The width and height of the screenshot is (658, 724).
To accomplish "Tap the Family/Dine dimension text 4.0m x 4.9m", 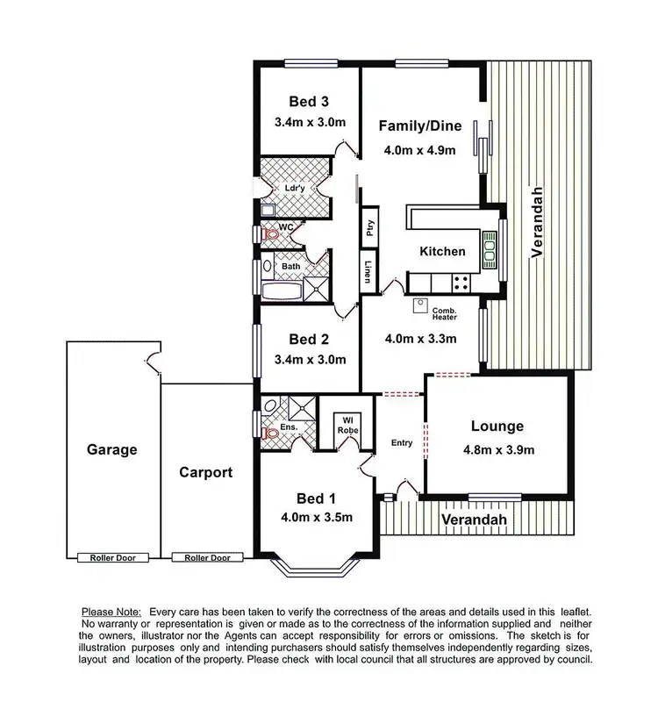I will pyautogui.click(x=419, y=149).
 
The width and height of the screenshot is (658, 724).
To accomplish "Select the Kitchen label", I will pyautogui.click(x=442, y=251).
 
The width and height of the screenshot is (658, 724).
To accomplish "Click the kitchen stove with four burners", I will pyautogui.click(x=460, y=282).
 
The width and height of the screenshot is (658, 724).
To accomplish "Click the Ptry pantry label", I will pyautogui.click(x=370, y=228).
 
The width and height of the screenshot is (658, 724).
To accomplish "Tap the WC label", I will pyautogui.click(x=286, y=228).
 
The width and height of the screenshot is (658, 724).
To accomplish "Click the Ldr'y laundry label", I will pyautogui.click(x=295, y=188).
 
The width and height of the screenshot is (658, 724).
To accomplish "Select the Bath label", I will pyautogui.click(x=290, y=265).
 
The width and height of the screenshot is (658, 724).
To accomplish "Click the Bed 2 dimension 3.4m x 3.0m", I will pyautogui.click(x=310, y=359).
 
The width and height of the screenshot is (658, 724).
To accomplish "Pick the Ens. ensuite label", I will pyautogui.click(x=290, y=428).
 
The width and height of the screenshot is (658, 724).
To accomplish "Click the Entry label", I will pyautogui.click(x=402, y=442).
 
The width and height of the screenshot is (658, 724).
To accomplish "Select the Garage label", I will pyautogui.click(x=111, y=450).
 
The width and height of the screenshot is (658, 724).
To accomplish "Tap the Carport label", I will pyautogui.click(x=205, y=472).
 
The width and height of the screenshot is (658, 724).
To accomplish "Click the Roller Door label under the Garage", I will pyautogui.click(x=112, y=557).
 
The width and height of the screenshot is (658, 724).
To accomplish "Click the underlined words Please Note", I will pyautogui.click(x=112, y=611).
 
